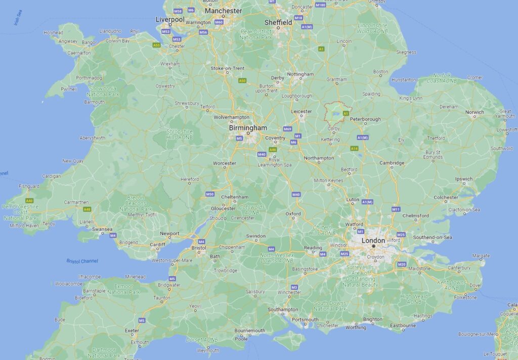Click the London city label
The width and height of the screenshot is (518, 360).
click(x=373, y=241)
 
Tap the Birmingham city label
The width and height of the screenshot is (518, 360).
click(x=247, y=128)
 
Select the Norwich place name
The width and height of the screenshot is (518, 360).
click(x=474, y=112)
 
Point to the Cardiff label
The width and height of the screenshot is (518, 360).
click(x=157, y=244)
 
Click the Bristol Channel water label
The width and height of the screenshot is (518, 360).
click(x=82, y=261)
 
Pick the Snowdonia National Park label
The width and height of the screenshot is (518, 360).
click(x=103, y=91)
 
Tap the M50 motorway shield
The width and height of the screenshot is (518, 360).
click(x=210, y=194)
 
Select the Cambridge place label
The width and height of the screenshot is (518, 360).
click(x=392, y=163)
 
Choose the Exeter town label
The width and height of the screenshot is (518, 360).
click(x=132, y=331)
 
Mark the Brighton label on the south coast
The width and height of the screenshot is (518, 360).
click(x=373, y=319)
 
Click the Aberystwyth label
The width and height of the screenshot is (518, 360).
click(x=92, y=138)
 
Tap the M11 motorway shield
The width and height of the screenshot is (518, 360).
click(x=396, y=209)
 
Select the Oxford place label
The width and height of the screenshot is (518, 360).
click(x=293, y=214)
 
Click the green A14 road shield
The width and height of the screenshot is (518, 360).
click(x=354, y=148)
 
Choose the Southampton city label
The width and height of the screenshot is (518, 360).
click(x=283, y=309)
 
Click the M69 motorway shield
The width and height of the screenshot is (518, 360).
click(x=287, y=129)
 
